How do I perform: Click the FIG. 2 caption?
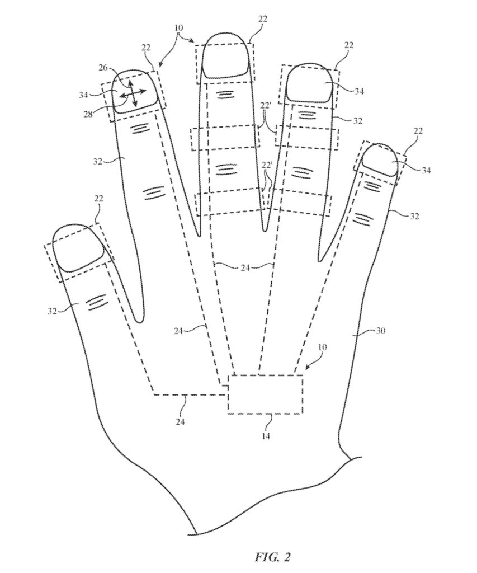tap(272, 557)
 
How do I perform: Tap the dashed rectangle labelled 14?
tap(266, 394)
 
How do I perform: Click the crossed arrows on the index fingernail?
tap(129, 93)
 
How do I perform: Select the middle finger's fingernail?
tap(226, 55)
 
